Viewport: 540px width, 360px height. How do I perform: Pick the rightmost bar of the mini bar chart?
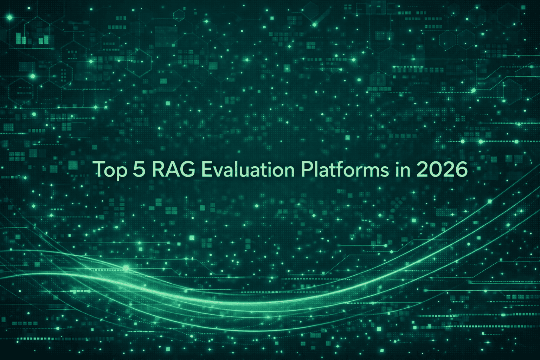(46, 39)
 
